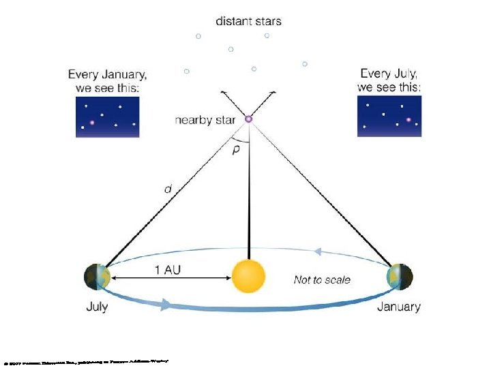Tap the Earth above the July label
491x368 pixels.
tap(98, 277)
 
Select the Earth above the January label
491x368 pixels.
tap(399, 277)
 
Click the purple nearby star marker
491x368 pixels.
tap(248, 119)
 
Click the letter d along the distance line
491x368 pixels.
tap(168, 189)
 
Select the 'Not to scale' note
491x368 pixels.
tap(322, 279)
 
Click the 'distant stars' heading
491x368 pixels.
tap(248, 21)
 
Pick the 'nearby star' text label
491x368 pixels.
tap(205, 121)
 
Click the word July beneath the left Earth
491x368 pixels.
tap(97, 307)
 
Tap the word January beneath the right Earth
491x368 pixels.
tap(399, 307)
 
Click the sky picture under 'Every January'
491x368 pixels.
tap(108, 117)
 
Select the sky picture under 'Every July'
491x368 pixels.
tap(389, 116)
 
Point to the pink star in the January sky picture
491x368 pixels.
tap(92, 123)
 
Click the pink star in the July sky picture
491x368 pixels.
tap(408, 120)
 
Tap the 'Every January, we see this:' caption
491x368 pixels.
tap(107, 80)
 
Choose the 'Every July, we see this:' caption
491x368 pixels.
tap(389, 80)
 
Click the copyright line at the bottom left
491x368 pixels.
tap(86, 360)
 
